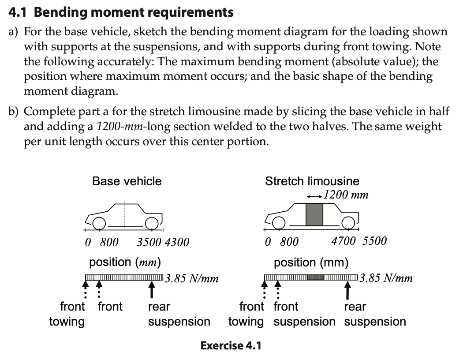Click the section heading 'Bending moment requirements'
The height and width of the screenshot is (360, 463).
coord(134,12)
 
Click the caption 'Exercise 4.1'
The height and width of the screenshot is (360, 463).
coord(231,345)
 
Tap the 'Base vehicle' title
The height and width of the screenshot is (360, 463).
coord(127,181)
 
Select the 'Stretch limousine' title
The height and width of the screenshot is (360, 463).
coord(312,181)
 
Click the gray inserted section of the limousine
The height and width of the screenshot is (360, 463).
coord(315,214)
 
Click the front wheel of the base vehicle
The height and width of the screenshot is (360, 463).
coord(99,224)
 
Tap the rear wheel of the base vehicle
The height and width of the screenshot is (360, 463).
coord(151,224)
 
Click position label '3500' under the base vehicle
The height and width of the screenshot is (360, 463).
coord(148,242)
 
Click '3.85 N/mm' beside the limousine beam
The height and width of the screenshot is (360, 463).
coord(386,278)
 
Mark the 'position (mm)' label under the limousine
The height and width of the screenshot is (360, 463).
coord(311,263)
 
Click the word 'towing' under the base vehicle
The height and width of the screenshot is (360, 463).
coord(67,322)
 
